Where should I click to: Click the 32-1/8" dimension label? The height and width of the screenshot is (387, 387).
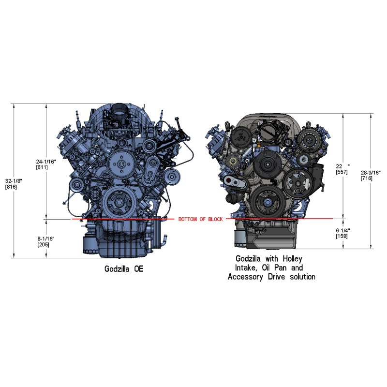[14, 181]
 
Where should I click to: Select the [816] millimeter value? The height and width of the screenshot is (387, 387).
[11, 187]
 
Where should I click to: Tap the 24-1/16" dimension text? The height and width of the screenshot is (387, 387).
[46, 162]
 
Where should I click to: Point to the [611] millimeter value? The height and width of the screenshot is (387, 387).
[42, 167]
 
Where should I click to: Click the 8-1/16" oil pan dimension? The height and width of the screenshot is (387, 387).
[46, 238]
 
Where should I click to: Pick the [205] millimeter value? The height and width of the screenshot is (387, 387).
[44, 245]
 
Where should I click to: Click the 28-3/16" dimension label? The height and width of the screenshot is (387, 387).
[371, 173]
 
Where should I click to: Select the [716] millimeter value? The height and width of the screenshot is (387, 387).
[367, 178]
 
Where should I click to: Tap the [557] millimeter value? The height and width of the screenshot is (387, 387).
[342, 172]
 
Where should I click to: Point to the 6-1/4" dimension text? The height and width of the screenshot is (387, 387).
[343, 230]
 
